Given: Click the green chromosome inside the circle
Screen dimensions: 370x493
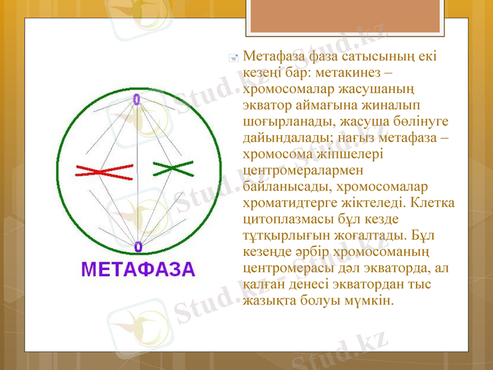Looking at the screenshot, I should pyautogui.click(x=173, y=167).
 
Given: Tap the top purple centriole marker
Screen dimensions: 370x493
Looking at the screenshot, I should pyautogui.click(x=136, y=99).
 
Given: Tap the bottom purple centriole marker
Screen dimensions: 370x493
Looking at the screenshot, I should pyautogui.click(x=137, y=247).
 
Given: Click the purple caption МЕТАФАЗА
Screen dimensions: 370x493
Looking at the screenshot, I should pyautogui.click(x=138, y=269).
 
